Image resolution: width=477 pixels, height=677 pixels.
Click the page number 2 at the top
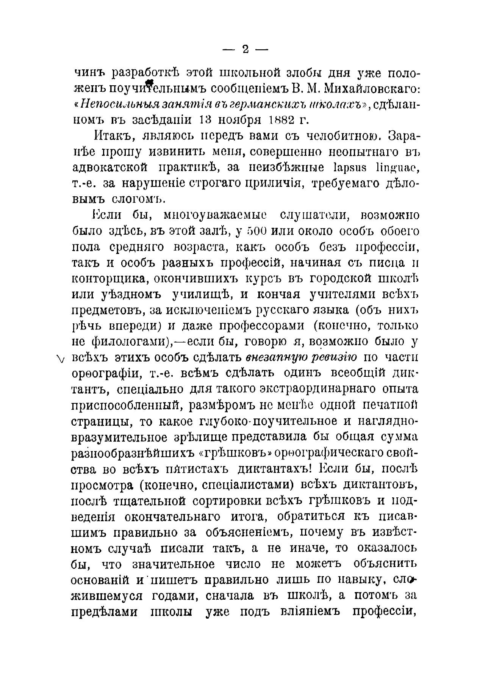click(245, 49)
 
